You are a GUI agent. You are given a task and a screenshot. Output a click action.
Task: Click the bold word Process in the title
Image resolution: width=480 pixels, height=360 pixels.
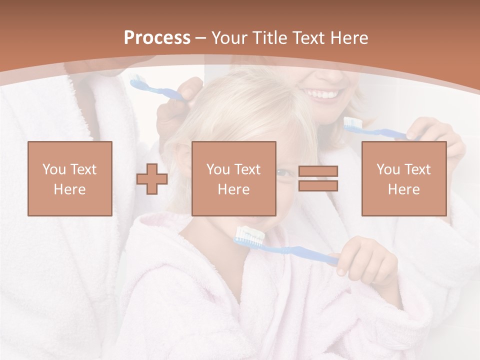(x=157, y=38)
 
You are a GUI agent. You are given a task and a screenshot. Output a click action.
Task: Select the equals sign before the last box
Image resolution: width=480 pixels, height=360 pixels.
(x=318, y=178)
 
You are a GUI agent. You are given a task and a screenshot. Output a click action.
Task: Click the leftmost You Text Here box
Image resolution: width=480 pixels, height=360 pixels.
(x=70, y=178)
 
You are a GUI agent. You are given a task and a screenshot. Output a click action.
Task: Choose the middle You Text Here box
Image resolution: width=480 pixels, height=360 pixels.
(x=234, y=178)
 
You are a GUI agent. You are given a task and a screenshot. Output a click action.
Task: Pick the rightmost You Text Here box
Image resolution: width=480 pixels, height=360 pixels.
(x=404, y=178)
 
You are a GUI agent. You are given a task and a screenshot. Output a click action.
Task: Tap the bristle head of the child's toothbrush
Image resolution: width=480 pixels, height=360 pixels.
(x=248, y=235)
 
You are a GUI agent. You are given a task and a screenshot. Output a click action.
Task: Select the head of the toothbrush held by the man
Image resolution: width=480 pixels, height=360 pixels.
(x=136, y=81)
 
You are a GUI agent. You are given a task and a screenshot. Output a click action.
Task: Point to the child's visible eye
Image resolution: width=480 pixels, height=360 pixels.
(x=283, y=172)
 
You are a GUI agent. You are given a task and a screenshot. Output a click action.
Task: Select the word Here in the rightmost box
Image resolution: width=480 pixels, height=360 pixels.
(x=404, y=189)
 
